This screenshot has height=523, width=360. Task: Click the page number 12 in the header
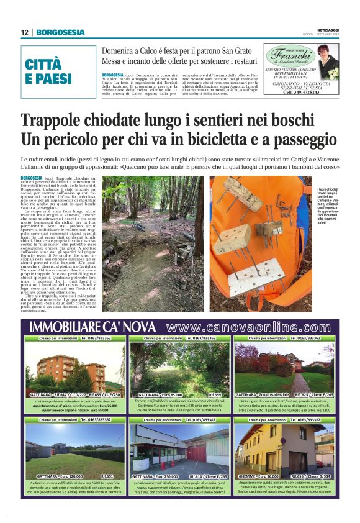[24, 32]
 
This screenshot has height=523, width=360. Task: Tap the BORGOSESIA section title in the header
[56, 32]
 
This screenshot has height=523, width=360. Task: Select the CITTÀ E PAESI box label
[44, 71]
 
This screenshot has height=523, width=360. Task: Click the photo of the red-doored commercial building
[179, 448]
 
